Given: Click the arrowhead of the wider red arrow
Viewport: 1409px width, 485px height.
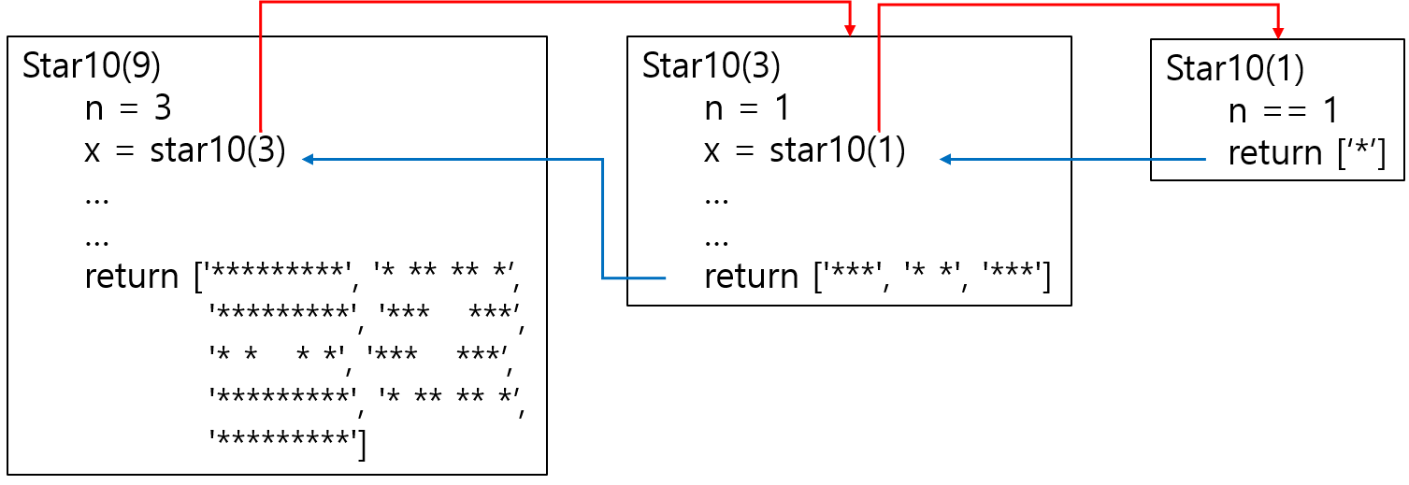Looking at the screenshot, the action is tap(850, 31).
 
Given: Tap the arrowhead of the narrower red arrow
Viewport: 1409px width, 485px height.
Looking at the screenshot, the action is tap(1278, 34).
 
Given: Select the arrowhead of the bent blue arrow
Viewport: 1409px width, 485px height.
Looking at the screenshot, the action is tap(307, 160).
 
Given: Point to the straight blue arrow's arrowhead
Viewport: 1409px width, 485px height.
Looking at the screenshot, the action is tap(944, 160).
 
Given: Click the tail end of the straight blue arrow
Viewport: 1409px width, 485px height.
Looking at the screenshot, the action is tap(1205, 160).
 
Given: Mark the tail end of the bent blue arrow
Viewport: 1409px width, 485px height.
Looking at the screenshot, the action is tap(666, 278).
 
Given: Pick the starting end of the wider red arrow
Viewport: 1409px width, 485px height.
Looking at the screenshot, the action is tap(261, 131).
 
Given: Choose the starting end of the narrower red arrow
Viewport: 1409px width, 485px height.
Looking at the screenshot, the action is tap(879, 131).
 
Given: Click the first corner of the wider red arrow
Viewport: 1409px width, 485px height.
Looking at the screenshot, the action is tap(261, 3).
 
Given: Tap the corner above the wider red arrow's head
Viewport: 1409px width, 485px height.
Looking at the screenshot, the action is tap(850, 3).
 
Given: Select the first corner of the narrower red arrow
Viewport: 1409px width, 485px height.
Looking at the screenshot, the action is tap(879, 6).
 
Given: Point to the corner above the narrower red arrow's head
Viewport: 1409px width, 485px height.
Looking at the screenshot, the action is tap(1278, 6).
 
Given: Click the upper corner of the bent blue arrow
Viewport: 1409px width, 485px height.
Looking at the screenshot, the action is tap(603, 160).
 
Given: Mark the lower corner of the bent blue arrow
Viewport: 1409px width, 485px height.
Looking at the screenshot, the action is tap(603, 278).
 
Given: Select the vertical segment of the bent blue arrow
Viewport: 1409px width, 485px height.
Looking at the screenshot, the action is tap(603, 219).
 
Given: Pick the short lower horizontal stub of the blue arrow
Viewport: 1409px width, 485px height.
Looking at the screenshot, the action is tap(636, 278).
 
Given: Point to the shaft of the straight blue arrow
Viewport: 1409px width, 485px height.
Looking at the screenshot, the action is tap(1075, 160).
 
